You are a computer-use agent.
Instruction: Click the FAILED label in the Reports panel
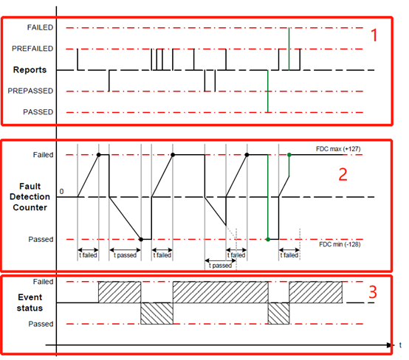pyautogui.click(x=40, y=27)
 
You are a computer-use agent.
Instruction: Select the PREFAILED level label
pyautogui.click(x=32, y=49)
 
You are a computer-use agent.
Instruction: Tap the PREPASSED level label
pyautogui.click(x=30, y=91)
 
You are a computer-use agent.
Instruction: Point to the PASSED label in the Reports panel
pyautogui.click(x=38, y=112)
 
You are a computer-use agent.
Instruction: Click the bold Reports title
pyautogui.click(x=30, y=69)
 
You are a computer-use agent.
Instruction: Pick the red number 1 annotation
pyautogui.click(x=374, y=35)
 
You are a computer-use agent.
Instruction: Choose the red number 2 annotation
pyautogui.click(x=343, y=174)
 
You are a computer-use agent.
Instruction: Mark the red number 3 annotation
pyautogui.click(x=373, y=292)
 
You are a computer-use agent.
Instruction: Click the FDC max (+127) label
pyautogui.click(x=338, y=149)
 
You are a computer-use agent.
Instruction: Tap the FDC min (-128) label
pyautogui.click(x=340, y=244)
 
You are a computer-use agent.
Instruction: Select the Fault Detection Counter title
pyautogui.click(x=30, y=197)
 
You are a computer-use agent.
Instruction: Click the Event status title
pyautogui.click(x=30, y=302)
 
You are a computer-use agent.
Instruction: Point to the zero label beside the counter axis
pyautogui.click(x=61, y=191)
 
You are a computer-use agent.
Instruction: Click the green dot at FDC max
pyautogui.click(x=289, y=155)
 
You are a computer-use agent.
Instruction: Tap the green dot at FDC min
pyautogui.click(x=268, y=239)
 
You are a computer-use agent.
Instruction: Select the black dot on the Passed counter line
pyautogui.click(x=141, y=239)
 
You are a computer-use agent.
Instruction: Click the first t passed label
pyautogui.click(x=125, y=255)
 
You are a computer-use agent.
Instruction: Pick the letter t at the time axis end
pyautogui.click(x=400, y=345)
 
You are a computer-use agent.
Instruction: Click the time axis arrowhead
pyautogui.click(x=389, y=345)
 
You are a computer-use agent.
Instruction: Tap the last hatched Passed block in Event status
pyautogui.click(x=278, y=314)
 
